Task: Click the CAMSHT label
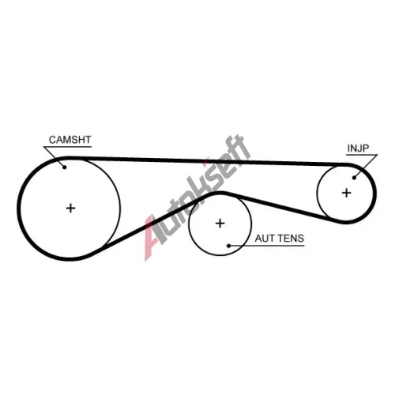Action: tap(70, 140)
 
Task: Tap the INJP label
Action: tap(358, 149)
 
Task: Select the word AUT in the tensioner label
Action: tap(262, 239)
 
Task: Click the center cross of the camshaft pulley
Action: tap(70, 209)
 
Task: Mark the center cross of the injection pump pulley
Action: tap(346, 193)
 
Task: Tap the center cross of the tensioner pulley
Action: tap(220, 224)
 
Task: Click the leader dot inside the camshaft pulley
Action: tap(64, 167)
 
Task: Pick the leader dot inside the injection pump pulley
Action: tap(354, 178)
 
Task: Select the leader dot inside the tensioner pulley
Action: tap(229, 246)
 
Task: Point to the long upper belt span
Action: tap(205, 161)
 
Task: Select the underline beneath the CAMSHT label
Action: tap(67, 147)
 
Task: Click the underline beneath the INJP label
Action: tap(362, 155)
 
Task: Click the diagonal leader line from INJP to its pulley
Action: tap(366, 166)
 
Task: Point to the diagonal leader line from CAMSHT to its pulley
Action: tap(54, 156)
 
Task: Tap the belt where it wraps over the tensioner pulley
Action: tap(219, 194)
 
